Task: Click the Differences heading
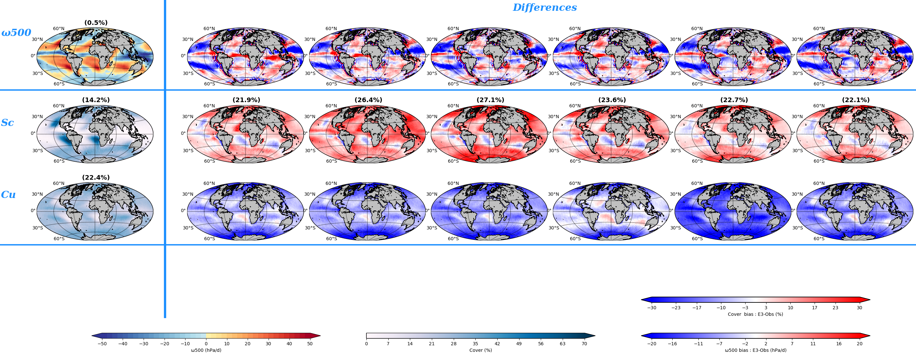tap(544, 8)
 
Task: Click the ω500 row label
tap(16, 33)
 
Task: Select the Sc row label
tap(8, 123)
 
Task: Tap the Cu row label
tap(8, 195)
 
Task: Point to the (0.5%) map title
tap(96, 23)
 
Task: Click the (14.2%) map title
tap(96, 100)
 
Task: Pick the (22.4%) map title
tap(96, 177)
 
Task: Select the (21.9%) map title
tap(246, 100)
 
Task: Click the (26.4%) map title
tap(368, 100)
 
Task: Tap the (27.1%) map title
tap(490, 100)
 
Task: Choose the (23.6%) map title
tap(612, 100)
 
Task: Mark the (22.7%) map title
tap(734, 100)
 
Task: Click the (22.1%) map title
tap(855, 100)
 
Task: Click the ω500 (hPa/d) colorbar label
tap(206, 350)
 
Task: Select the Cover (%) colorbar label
tap(480, 350)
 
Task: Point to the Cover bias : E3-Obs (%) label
tap(755, 314)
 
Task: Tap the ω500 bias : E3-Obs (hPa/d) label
tap(755, 350)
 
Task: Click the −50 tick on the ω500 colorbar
tap(102, 344)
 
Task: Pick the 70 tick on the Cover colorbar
tap(584, 344)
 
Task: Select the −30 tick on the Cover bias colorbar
tap(651, 308)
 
